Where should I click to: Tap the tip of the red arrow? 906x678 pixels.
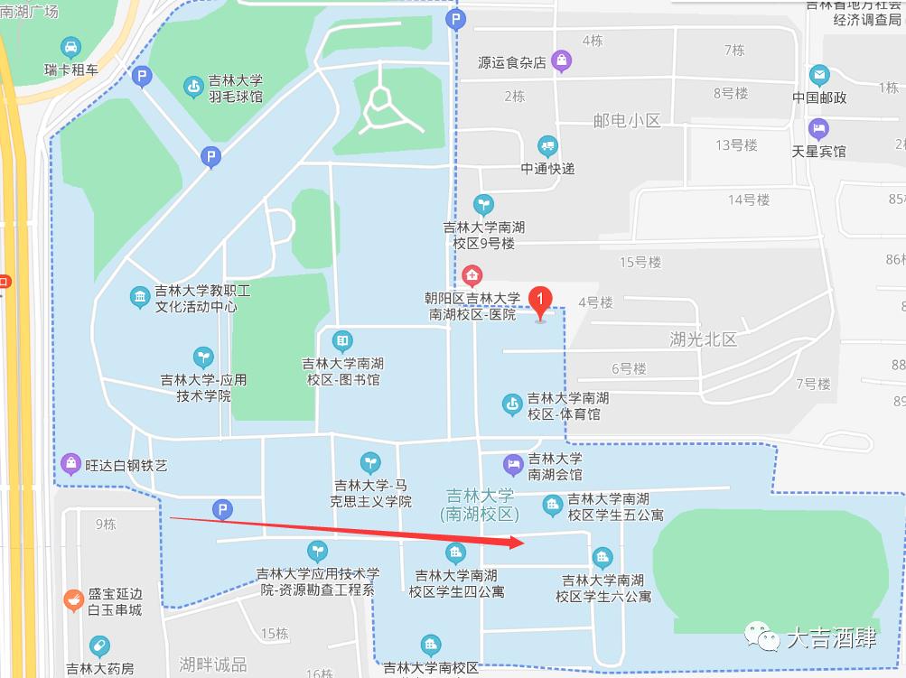(x=523, y=542)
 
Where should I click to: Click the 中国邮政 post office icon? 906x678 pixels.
(x=819, y=75)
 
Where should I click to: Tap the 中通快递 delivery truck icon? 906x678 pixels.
(x=547, y=146)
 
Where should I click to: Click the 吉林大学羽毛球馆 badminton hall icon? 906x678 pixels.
(x=192, y=87)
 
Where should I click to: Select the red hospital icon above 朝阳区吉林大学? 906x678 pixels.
(x=472, y=274)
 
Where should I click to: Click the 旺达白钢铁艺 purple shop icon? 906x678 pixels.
(x=70, y=464)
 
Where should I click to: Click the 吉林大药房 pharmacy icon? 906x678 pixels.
(x=99, y=646)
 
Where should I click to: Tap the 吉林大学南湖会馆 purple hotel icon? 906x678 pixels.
(x=513, y=465)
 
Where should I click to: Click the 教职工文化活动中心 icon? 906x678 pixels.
(x=139, y=297)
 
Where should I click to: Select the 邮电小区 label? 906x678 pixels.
(x=628, y=120)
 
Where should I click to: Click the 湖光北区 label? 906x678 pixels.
(x=704, y=339)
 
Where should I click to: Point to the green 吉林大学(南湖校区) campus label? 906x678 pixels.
(x=479, y=505)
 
